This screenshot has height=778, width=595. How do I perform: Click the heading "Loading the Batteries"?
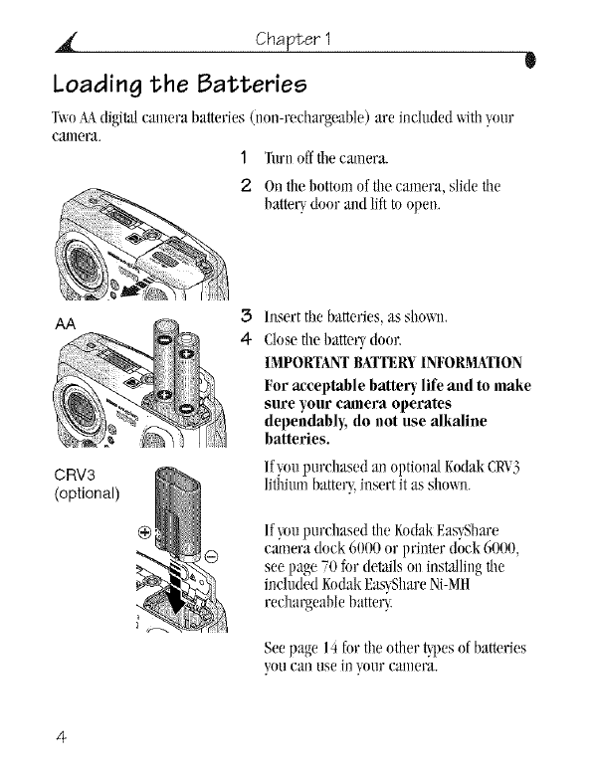coord(180,85)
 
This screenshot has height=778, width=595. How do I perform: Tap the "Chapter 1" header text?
coord(293,39)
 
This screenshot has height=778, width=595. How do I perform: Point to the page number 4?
coord(61,737)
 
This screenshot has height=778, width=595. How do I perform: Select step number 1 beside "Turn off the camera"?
coord(243,158)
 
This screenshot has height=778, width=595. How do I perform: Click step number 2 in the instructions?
coord(246,186)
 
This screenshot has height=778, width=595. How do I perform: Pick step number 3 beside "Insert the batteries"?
coord(246,316)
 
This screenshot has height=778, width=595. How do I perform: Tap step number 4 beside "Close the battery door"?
coord(246,339)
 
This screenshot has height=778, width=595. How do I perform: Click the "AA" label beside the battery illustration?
coord(65,324)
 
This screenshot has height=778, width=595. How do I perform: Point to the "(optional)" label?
coord(87,493)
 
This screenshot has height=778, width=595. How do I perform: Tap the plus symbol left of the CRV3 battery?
coord(144,533)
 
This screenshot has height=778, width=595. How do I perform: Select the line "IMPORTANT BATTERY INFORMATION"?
coord(393,363)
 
